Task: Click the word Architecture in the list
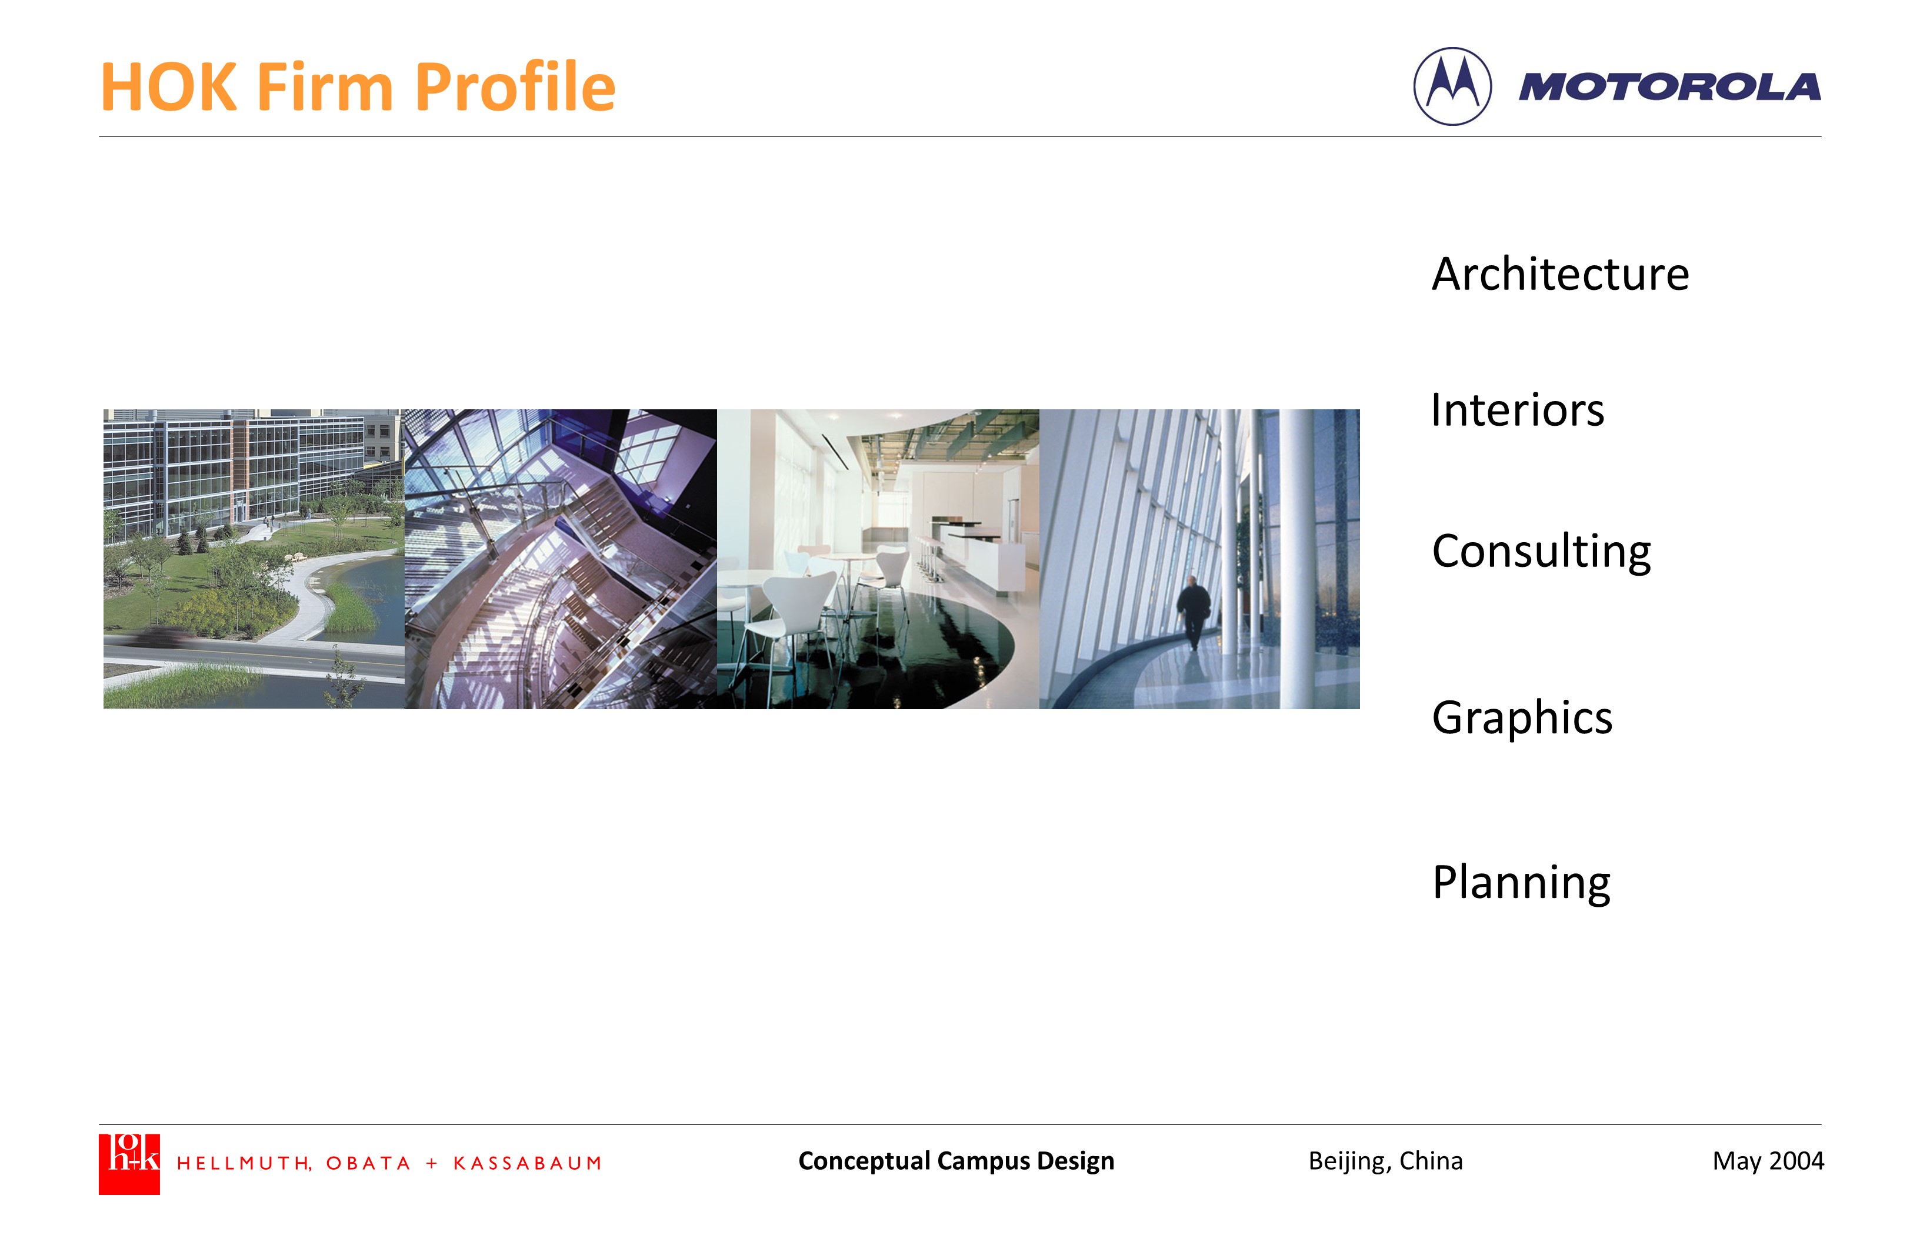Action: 1560,274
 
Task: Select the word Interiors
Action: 1518,410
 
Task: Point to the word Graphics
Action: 1522,718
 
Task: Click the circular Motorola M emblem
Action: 1452,86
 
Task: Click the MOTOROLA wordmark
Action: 1669,87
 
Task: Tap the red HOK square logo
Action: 129,1164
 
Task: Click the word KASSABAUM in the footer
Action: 528,1163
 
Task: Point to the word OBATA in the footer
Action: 368,1163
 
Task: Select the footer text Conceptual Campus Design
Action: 956,1160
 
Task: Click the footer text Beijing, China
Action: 1385,1160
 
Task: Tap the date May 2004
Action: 1768,1160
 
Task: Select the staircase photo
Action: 561,559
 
